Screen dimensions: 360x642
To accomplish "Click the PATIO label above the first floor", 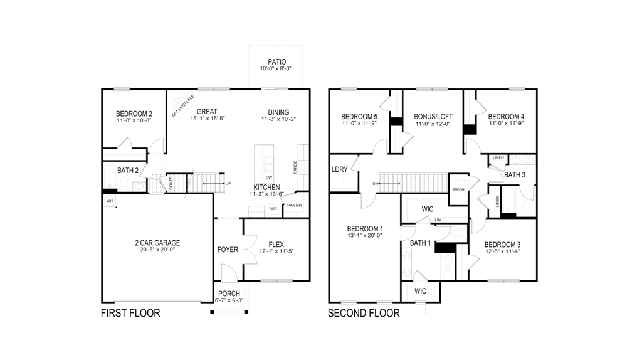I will (276, 61).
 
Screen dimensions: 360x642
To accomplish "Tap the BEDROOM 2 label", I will (134, 114).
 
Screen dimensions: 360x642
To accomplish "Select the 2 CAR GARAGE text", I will (157, 243).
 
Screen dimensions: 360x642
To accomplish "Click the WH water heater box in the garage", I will (109, 201).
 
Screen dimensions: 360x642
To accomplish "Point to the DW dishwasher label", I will (268, 178).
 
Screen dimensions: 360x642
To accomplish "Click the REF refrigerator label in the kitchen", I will (273, 209).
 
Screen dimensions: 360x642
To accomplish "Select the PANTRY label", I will (295, 205).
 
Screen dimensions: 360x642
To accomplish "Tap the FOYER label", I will (228, 250).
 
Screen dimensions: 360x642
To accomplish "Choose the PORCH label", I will (229, 294).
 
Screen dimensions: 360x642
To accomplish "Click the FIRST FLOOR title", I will (130, 313).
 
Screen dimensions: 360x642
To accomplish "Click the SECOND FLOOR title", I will (364, 313).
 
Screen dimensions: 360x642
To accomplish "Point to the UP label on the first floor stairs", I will (228, 183).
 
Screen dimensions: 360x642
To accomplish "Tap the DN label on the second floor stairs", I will (375, 183).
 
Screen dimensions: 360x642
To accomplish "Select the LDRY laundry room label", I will (340, 169).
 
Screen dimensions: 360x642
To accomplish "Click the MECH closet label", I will (458, 189).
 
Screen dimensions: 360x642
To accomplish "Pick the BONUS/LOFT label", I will (433, 117).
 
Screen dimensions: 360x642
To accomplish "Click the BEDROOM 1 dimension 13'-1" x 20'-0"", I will (364, 236).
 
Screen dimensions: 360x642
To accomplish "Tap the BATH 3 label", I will (515, 175).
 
